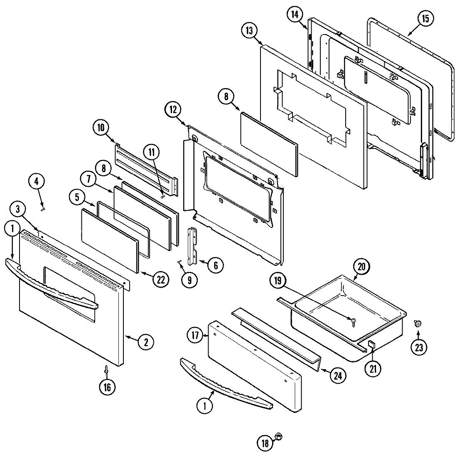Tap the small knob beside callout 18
[x=279, y=437]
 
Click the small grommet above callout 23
[x=418, y=323]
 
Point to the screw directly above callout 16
[x=107, y=369]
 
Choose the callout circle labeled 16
[x=107, y=387]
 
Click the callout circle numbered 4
[x=37, y=182]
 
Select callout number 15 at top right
[x=426, y=19]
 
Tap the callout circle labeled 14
[x=294, y=15]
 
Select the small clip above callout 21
[x=371, y=344]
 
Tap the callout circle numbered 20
[x=361, y=267]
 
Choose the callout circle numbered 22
[x=160, y=280]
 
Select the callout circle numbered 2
[x=146, y=342]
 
